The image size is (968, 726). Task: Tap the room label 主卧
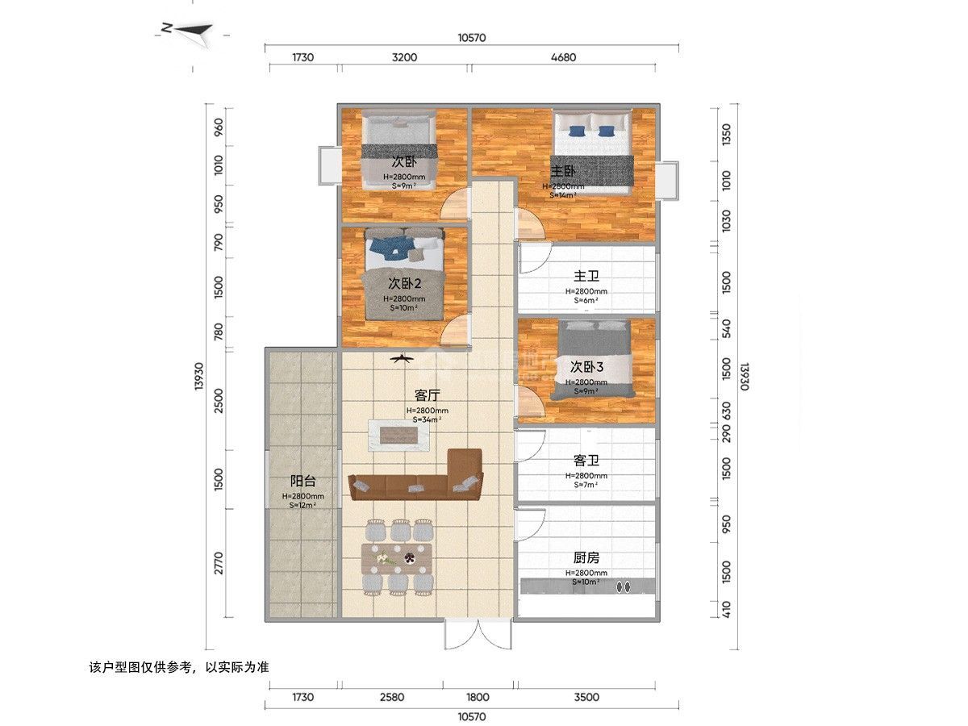[x=563, y=171]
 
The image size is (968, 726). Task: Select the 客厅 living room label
[x=427, y=395]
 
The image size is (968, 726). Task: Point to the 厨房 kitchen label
[x=586, y=558]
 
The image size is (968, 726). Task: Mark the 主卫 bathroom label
[x=586, y=277]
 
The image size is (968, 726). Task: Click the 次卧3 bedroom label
[x=586, y=366]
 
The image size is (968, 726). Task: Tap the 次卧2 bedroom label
[x=406, y=283]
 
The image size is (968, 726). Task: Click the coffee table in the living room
[x=398, y=436]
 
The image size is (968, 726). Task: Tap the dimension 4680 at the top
[x=563, y=57]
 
